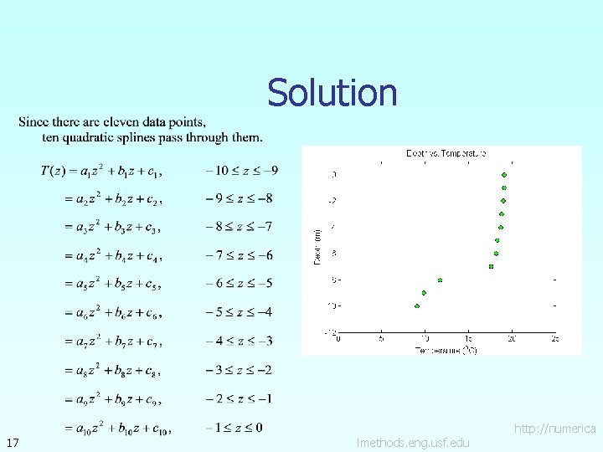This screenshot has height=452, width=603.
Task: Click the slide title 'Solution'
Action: tap(332, 93)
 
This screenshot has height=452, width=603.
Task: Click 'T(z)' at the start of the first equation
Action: tap(52, 171)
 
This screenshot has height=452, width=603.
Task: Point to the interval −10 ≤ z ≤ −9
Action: tap(242, 170)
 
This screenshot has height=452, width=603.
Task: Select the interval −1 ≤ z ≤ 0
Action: tap(234, 428)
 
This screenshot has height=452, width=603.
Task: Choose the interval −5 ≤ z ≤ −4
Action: tap(239, 312)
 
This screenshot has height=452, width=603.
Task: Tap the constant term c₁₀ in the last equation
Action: tap(160, 429)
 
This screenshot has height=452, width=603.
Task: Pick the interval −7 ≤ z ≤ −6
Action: tap(239, 255)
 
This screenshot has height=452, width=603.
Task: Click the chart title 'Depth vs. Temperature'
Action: tap(446, 153)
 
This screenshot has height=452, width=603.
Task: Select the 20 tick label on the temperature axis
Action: tap(512, 339)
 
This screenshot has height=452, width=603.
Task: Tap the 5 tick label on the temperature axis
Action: tap(381, 339)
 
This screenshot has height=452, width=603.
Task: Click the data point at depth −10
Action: tap(417, 306)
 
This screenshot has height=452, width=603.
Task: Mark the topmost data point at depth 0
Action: tap(504, 175)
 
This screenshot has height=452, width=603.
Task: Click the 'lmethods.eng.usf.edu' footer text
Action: tap(413, 442)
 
